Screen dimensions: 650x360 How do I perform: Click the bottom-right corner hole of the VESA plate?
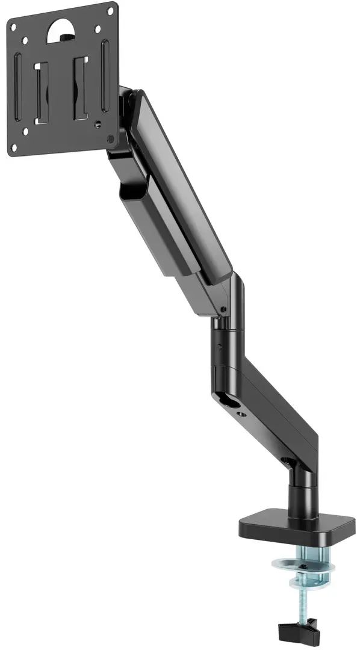click(111, 139)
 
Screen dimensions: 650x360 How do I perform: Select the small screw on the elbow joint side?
click(223, 309)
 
